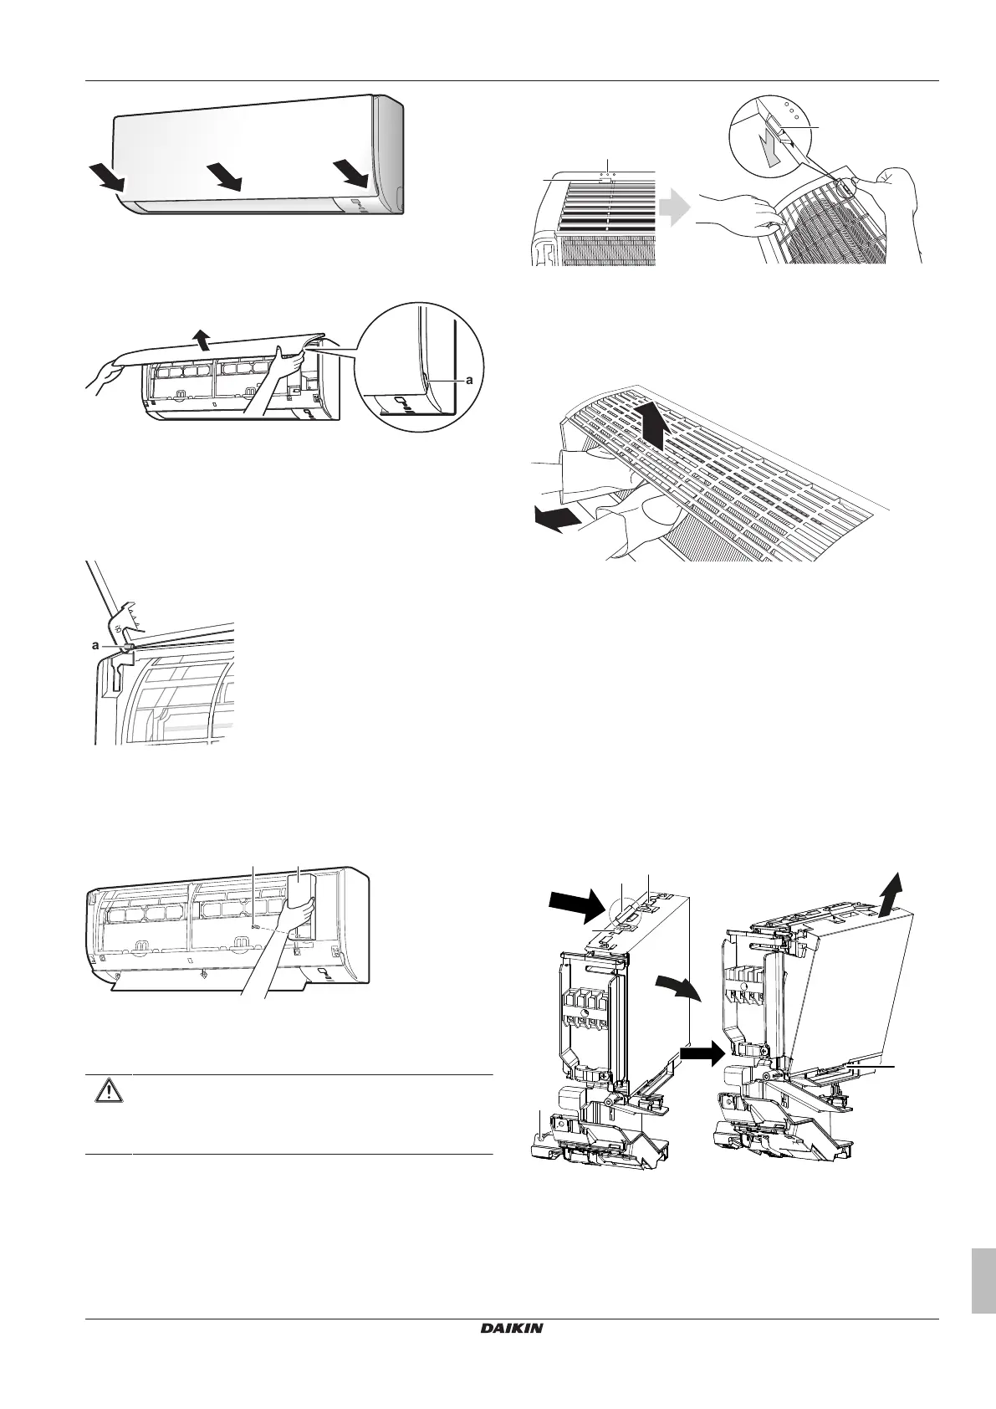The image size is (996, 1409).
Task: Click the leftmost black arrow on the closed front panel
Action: pyautogui.click(x=107, y=176)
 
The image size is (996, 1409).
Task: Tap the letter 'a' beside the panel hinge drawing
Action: pyautogui.click(x=95, y=646)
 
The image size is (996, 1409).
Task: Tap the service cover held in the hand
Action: pyautogui.click(x=301, y=899)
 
